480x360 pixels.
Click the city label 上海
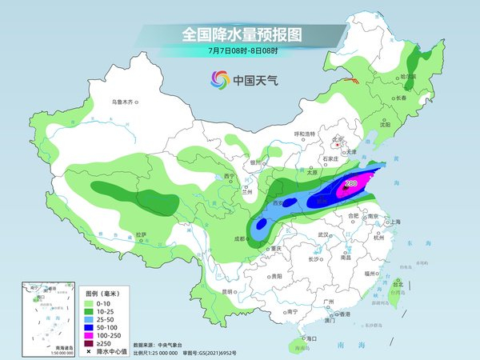393,222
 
